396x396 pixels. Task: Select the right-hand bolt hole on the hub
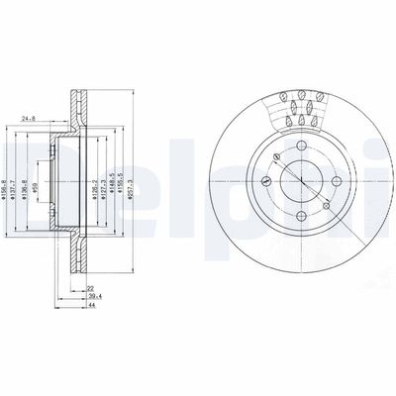pyautogui.click(x=330, y=184)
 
